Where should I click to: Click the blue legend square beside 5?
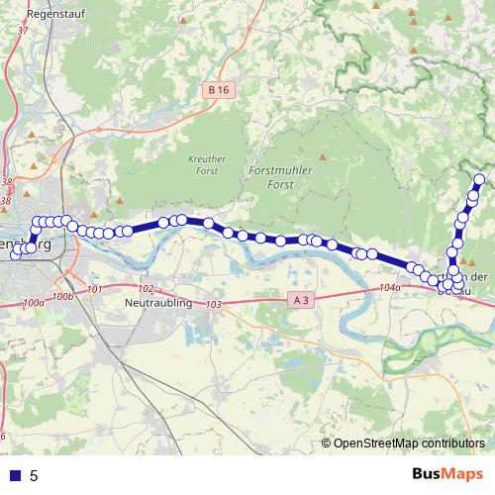pyautogui.click(x=14, y=475)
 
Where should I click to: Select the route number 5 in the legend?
pyautogui.click(x=35, y=476)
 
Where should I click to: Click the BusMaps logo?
pyautogui.click(x=447, y=474)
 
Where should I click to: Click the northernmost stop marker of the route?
pyautogui.click(x=480, y=180)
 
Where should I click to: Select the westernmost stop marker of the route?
pyautogui.click(x=15, y=255)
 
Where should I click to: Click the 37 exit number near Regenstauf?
pyautogui.click(x=21, y=32)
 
